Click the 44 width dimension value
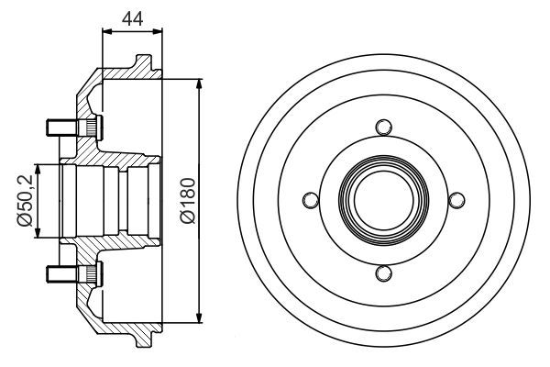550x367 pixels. [131, 17]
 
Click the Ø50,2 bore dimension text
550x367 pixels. [25, 201]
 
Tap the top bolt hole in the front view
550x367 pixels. [383, 127]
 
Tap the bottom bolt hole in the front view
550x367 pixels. [383, 272]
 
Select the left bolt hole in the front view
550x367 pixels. [311, 199]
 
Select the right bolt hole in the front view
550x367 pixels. [456, 199]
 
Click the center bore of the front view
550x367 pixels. [383, 199]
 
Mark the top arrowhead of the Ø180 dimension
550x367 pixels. [199, 83]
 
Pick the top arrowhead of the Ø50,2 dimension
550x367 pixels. [38, 168]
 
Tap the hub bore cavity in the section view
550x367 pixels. [101, 200]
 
